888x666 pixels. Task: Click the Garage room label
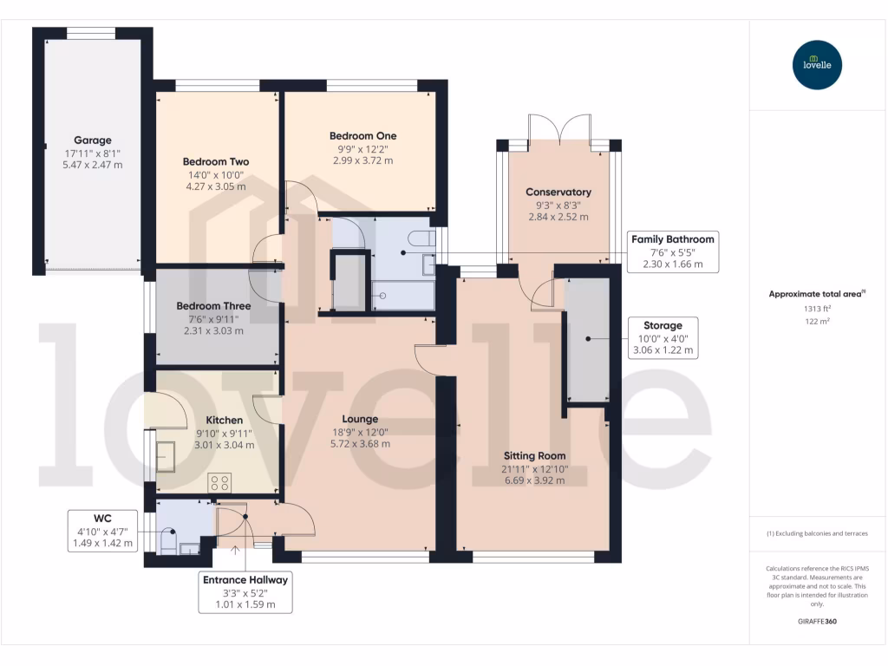(92, 140)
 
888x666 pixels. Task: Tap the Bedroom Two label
(216, 161)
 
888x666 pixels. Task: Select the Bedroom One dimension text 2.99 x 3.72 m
(363, 160)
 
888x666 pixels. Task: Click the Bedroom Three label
(213, 306)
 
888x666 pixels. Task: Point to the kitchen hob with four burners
(219, 483)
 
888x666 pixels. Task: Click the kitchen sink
(166, 456)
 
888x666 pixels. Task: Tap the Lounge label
(360, 419)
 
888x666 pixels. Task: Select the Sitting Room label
(534, 456)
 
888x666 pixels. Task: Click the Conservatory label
(558, 192)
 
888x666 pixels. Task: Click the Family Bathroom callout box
(673, 252)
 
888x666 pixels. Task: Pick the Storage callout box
(663, 338)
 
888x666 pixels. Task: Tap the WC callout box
(102, 531)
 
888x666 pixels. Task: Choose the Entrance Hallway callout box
(245, 592)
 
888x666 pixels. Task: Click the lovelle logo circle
(817, 64)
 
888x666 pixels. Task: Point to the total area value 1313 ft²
(817, 309)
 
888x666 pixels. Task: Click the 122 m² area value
(817, 321)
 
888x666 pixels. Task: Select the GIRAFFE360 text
(817, 621)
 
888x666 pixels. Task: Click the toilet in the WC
(169, 540)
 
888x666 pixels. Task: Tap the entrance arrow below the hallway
(236, 550)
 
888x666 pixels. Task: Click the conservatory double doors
(559, 128)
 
